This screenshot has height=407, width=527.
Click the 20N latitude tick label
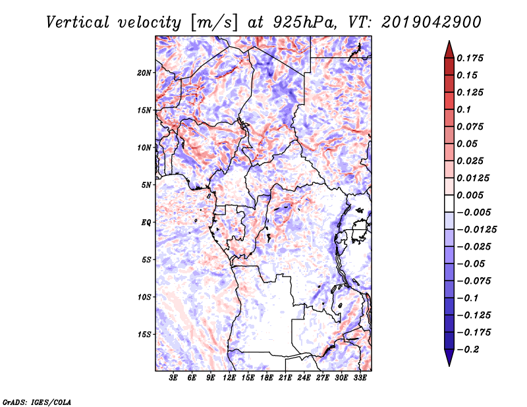144,73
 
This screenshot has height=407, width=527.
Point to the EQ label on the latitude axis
146,223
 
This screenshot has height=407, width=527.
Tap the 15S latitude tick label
144,335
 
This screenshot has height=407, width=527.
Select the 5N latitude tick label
146,185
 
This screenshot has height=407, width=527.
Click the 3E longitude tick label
173,378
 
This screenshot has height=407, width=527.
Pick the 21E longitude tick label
285,378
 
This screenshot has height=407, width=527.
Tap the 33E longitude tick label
360,378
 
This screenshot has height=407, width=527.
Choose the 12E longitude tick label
229,378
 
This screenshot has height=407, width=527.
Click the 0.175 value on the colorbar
470,58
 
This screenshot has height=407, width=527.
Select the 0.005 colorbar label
470,195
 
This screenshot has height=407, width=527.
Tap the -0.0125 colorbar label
476,230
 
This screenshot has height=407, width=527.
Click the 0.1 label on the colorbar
464,109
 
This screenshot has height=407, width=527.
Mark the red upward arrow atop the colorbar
449,49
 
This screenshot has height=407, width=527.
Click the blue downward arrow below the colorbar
449,358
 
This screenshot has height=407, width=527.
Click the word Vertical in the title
78,22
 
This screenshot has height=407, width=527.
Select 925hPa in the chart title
305,22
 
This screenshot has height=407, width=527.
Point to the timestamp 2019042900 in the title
431,22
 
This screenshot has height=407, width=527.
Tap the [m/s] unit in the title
214,23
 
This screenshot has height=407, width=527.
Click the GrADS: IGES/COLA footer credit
37,402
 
